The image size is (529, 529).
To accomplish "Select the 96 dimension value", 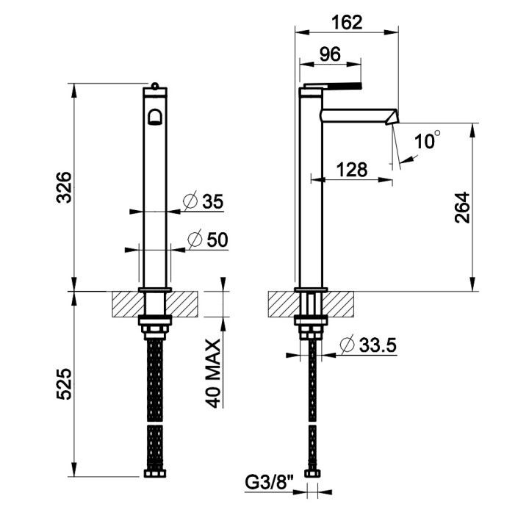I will point(331,55).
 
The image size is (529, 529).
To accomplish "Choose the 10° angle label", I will point(427,140).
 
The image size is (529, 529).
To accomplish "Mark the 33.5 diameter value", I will point(375,344).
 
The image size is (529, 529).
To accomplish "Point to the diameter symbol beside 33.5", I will point(347,344).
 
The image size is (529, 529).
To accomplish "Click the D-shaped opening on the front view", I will point(155,117).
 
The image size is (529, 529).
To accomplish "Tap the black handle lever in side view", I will point(344,86).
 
